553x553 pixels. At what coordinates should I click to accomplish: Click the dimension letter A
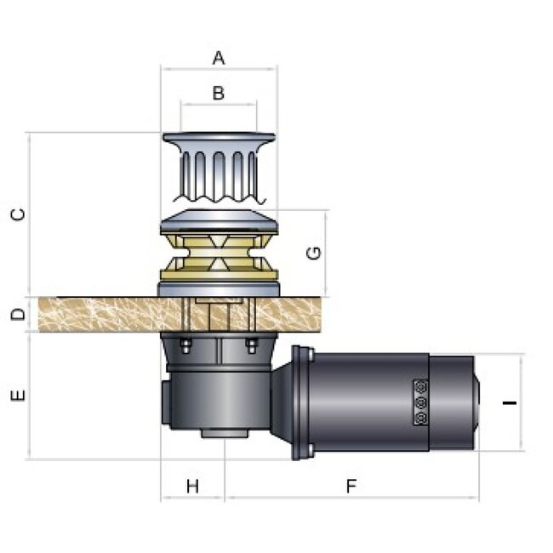(x=219, y=59)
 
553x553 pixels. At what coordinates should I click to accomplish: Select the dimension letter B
(x=219, y=93)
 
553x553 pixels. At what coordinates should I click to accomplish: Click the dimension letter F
(x=351, y=486)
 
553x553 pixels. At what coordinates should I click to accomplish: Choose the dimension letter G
(x=312, y=253)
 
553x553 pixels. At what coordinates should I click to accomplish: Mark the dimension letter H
(x=192, y=486)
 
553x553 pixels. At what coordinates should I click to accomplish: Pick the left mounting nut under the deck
(x=184, y=345)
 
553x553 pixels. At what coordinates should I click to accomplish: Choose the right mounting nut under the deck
(x=251, y=345)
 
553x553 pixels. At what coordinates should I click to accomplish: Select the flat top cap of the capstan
(x=219, y=139)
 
